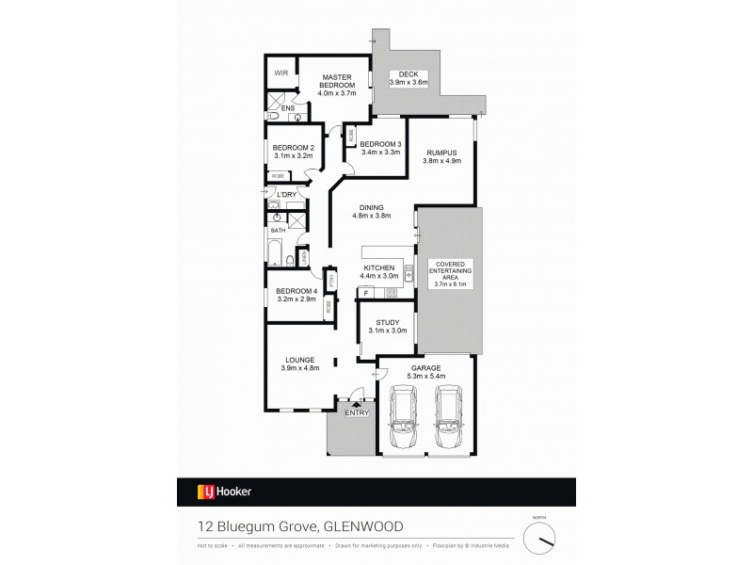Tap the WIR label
tap(280, 73)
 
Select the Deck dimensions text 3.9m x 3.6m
tap(409, 83)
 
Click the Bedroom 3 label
tap(380, 144)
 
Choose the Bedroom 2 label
tap(293, 147)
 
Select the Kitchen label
tap(378, 268)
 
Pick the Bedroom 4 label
tap(296, 292)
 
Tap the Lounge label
tap(301, 360)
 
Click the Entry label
tap(356, 412)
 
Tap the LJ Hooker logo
tap(223, 491)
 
